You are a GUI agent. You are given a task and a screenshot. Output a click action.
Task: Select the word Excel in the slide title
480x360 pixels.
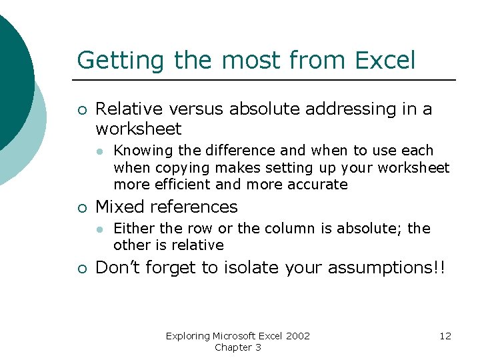click(x=385, y=60)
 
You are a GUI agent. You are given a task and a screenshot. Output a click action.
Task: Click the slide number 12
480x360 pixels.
click(x=445, y=336)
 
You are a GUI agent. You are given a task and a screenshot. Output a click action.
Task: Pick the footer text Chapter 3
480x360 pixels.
click(x=238, y=347)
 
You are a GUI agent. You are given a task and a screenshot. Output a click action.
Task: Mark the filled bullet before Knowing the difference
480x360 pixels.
click(x=98, y=151)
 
